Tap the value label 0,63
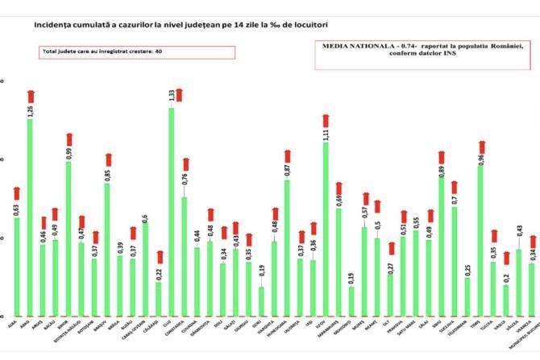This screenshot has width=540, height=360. point(17,210)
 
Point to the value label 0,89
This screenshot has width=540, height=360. point(441,171)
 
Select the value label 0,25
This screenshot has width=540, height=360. point(467,269)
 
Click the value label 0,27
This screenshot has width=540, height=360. point(390,267)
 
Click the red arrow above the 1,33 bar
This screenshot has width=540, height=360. point(178,94)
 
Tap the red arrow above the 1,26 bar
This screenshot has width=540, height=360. point(31,97)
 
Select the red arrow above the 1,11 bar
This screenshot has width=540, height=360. point(325,121)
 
